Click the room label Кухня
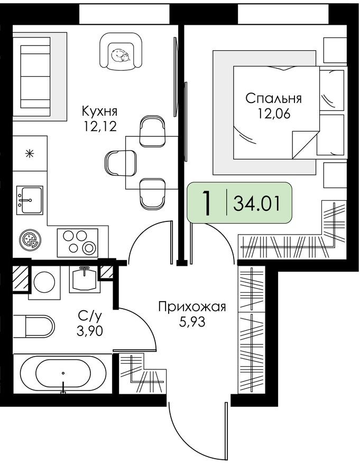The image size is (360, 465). (99, 111)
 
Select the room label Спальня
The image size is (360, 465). (274, 98)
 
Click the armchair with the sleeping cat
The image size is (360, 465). (122, 52)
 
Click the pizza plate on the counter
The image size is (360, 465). (29, 240)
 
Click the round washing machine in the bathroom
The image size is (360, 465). (44, 282)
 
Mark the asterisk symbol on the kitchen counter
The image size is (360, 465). (30, 154)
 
